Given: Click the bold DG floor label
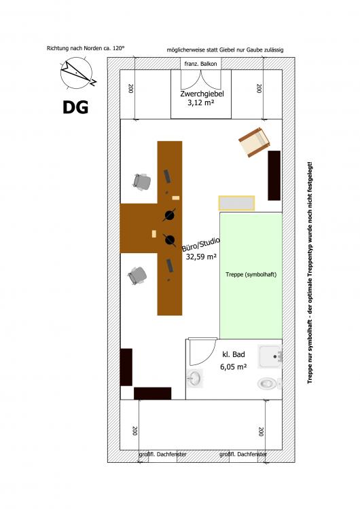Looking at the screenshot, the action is tap(75, 107).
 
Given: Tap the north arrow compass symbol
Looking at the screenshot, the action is tap(77, 73).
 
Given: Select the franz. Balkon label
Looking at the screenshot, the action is tap(200, 64).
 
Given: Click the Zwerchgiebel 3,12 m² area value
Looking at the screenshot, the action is tap(201, 103).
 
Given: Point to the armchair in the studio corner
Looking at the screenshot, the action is tap(255, 143).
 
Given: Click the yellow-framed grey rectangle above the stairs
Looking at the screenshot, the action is tap(236, 203).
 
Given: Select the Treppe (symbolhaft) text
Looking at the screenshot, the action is tap(251, 274).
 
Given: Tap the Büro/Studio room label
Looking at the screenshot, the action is tap(201, 244).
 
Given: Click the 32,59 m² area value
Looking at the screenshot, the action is tap(201, 257).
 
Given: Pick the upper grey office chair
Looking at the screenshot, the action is tap(142, 182).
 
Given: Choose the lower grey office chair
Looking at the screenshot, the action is tap(137, 276).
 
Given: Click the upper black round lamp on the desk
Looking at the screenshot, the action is tap(170, 215).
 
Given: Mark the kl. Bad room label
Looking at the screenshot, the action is tap(233, 354).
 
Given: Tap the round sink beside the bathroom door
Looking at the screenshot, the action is tap(195, 378).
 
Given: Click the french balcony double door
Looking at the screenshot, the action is tap(201, 79).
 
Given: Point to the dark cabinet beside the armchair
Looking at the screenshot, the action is tap(274, 175).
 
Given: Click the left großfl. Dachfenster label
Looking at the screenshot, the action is tap(162, 454).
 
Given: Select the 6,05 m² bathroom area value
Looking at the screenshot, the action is tap(233, 366).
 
